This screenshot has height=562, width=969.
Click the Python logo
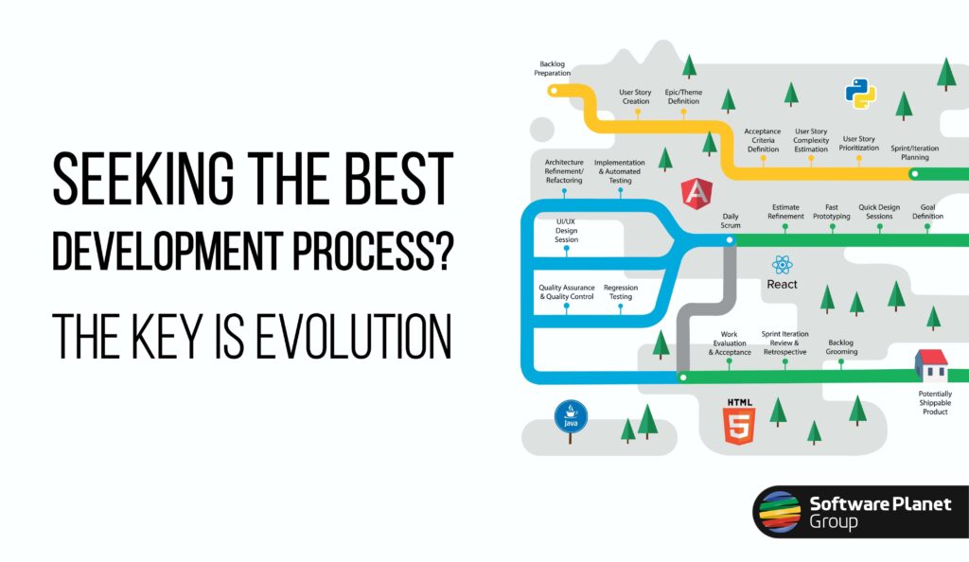click(x=860, y=94)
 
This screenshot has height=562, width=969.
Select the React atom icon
click(x=782, y=265)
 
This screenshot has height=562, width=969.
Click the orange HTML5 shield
click(x=739, y=422)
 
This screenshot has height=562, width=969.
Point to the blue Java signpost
click(x=571, y=416)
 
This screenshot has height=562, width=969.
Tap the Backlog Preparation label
click(x=553, y=68)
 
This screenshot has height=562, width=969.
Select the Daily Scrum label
click(x=730, y=220)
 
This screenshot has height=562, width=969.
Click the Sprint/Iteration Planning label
click(x=915, y=152)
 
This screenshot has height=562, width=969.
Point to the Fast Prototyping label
click(x=831, y=211)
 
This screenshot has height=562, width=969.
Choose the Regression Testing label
click(x=619, y=291)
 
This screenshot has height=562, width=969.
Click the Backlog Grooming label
click(x=841, y=347)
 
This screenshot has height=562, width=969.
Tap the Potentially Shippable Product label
click(x=935, y=402)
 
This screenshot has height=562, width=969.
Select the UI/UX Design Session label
click(x=566, y=232)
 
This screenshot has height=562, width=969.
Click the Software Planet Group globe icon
click(x=778, y=512)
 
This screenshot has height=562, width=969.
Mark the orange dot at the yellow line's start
click(x=554, y=91)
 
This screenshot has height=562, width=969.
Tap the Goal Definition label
click(x=927, y=211)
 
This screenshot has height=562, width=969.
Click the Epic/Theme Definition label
click(x=684, y=97)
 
